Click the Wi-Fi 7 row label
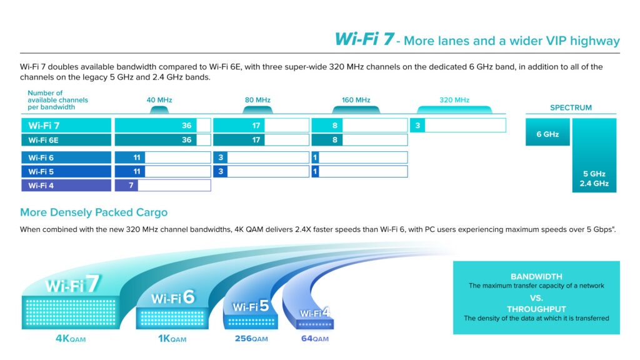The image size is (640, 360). click(44, 126)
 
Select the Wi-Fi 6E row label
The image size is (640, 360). click(43, 141)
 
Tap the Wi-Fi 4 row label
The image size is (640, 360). click(41, 186)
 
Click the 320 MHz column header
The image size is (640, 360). click(454, 100)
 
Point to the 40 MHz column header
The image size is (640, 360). click(159, 100)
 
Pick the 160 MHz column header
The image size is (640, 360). click(356, 100)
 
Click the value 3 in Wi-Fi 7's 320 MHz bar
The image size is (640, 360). click(417, 126)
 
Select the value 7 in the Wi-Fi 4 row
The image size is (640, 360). click(131, 186)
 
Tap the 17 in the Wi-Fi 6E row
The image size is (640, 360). click(256, 140)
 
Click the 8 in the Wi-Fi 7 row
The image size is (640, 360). click(335, 126)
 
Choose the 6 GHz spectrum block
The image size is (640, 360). click(547, 132)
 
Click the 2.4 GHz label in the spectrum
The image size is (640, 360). click(594, 184)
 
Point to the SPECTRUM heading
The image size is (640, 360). click(571, 107)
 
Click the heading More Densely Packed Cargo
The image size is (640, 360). click(94, 212)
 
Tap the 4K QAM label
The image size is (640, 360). click(71, 339)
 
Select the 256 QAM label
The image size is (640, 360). click(251, 339)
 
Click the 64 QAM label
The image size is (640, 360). click(315, 339)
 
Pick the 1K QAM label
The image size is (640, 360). click(172, 339)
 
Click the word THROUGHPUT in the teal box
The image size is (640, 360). click(536, 309)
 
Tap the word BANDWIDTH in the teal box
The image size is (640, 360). click(536, 277)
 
